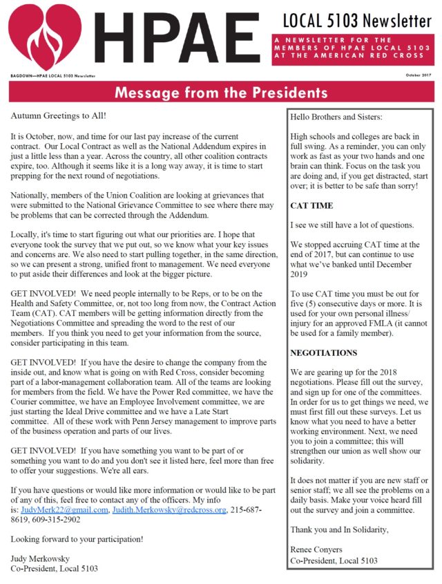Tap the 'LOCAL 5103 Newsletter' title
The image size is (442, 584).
tap(356, 20)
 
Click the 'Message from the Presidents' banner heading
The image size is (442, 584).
tap(221, 92)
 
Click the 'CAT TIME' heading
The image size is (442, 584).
tap(311, 205)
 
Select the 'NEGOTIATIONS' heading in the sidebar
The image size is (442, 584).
tap(324, 352)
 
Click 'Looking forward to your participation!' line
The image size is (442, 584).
tap(77, 538)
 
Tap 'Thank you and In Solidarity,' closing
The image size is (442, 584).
tap(340, 529)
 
